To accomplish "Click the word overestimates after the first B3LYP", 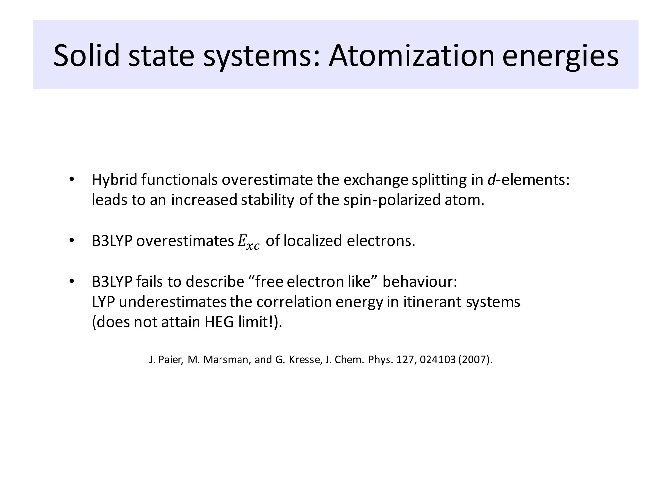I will click(185, 241).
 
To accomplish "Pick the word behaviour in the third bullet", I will click(419, 282).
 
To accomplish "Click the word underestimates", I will click(173, 302).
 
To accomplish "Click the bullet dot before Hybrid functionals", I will click(71, 180).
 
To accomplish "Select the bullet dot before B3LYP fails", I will click(71, 282).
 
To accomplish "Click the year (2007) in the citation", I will click(475, 360).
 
